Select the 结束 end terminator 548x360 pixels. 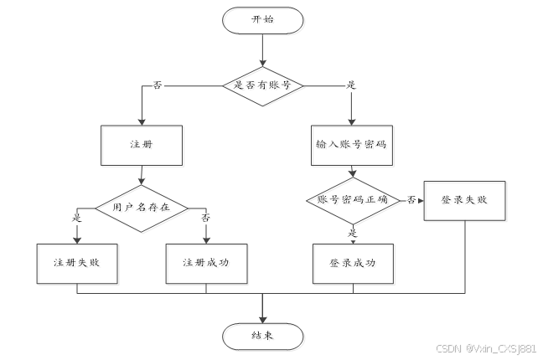[262, 336]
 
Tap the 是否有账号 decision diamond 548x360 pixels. [262, 85]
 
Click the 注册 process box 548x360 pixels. [140, 145]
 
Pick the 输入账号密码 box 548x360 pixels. [352, 145]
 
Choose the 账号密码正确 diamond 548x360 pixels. [352, 199]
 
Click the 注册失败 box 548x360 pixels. [77, 263]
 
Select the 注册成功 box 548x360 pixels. [205, 263]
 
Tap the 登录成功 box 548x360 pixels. [352, 263]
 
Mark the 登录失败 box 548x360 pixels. [463, 200]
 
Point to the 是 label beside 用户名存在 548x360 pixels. [77, 218]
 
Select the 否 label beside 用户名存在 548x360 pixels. [205, 218]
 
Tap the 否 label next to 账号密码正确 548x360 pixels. [411, 199]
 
